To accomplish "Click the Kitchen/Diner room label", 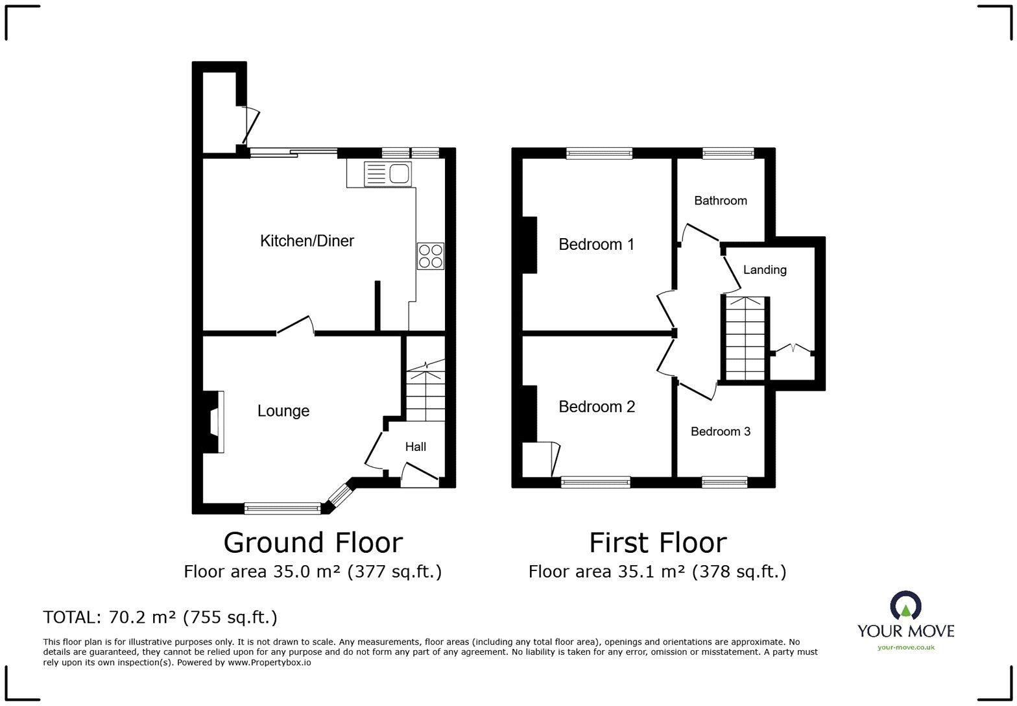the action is click(307, 241).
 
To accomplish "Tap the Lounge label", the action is click(283, 411).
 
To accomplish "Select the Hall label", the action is click(415, 446).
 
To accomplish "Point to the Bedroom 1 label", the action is click(596, 245).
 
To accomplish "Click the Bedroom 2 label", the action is click(597, 407).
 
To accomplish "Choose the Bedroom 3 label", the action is click(721, 431).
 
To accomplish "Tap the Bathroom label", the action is click(721, 201).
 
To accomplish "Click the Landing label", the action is click(765, 270).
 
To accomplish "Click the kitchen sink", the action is click(388, 174).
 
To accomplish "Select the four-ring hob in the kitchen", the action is click(431, 256).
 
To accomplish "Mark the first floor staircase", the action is click(745, 339).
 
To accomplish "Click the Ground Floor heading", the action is click(313, 542).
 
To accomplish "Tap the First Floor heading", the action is click(658, 542).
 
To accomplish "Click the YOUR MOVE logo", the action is click(905, 620).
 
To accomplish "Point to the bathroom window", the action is click(728, 154).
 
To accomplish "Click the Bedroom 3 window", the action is click(724, 482).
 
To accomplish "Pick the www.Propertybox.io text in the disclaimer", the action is click(269, 663).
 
